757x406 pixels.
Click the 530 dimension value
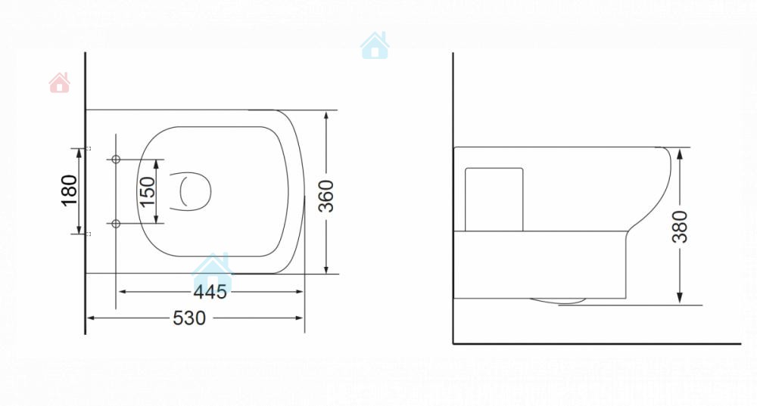tap(189, 318)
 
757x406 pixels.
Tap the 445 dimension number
tap(210, 292)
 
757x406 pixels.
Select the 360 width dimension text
tap(326, 196)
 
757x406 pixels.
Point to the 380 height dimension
tap(680, 227)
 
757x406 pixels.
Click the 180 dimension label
tap(69, 191)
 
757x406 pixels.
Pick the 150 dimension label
tap(148, 191)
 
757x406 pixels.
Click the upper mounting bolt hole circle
tap(116, 159)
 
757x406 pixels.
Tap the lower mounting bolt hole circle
tap(116, 224)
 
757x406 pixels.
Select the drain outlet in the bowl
tap(191, 191)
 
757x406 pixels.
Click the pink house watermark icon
tap(59, 82)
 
